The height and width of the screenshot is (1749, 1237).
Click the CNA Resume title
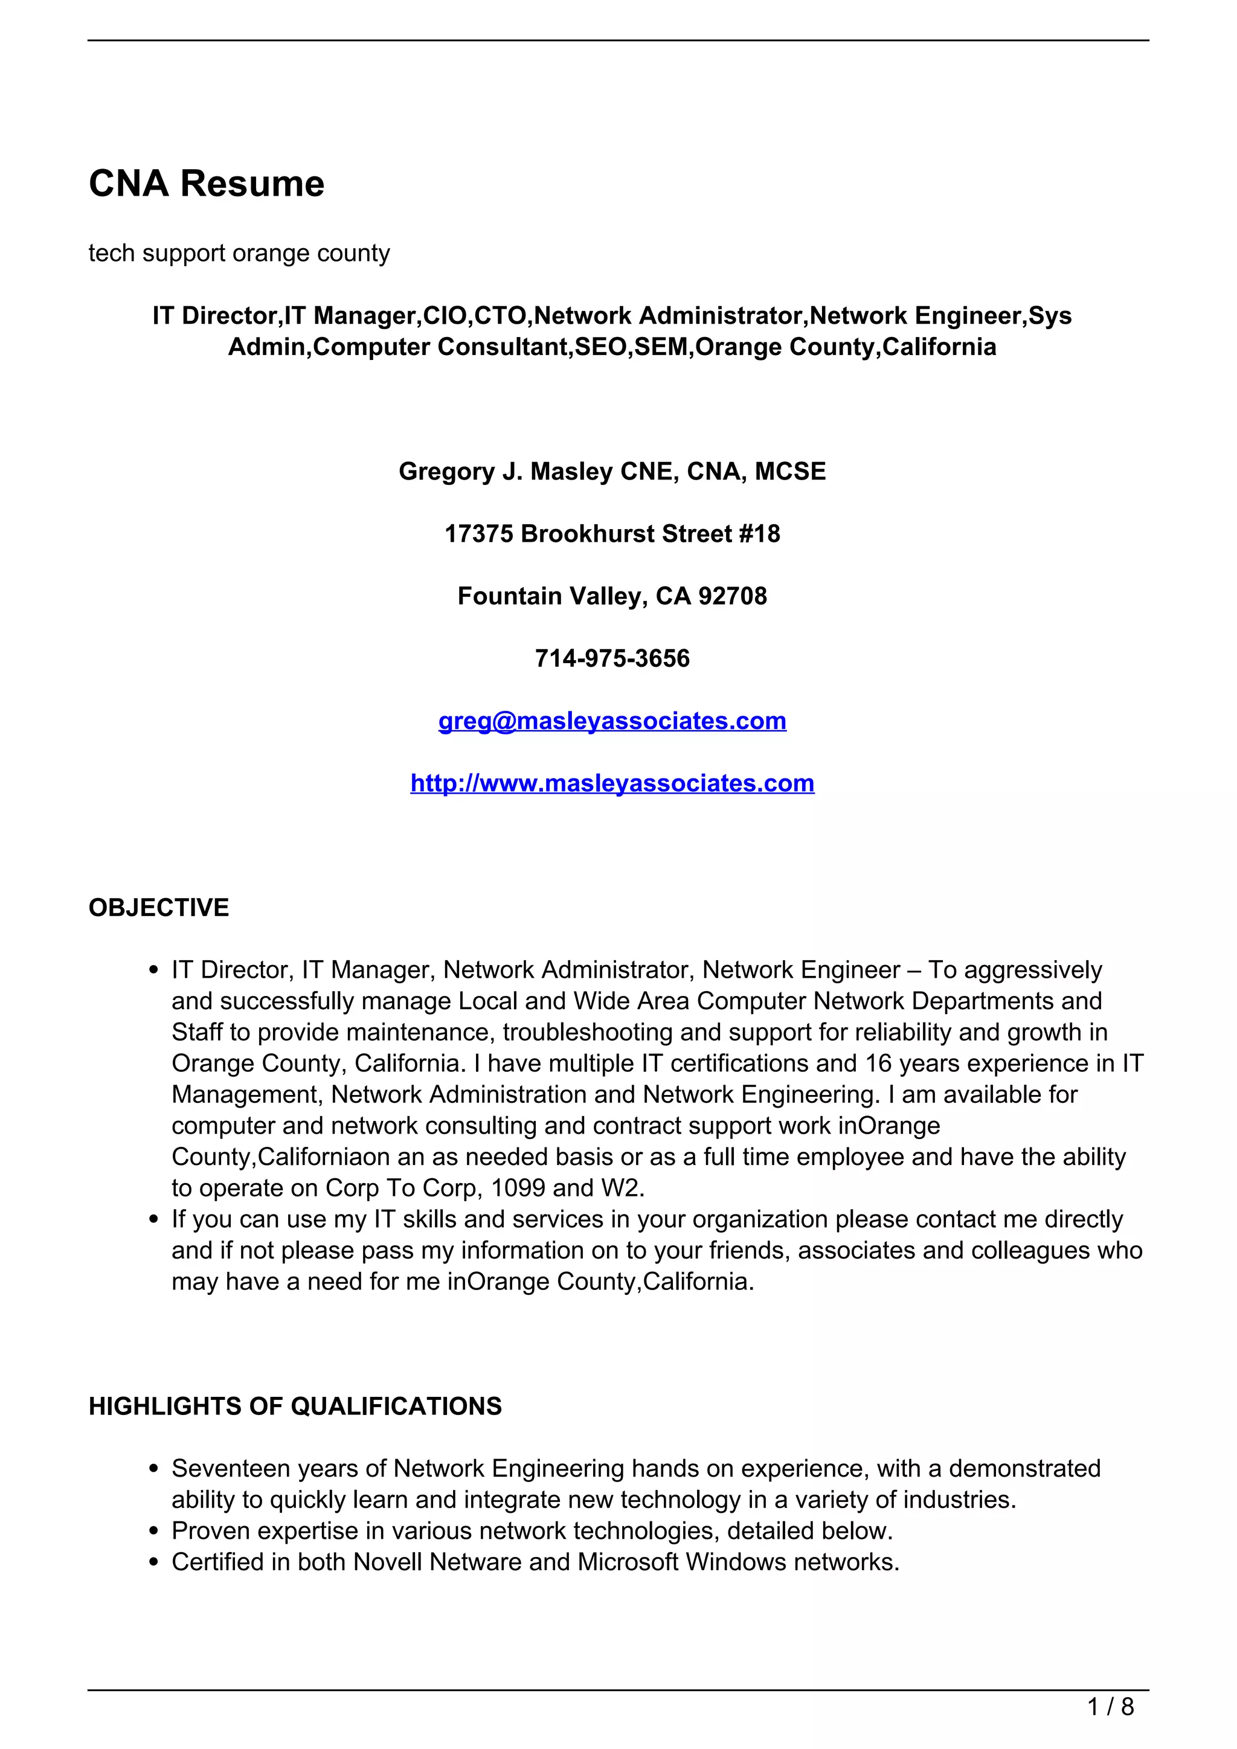click(x=207, y=184)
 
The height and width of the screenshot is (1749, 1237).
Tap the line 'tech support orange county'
click(x=239, y=253)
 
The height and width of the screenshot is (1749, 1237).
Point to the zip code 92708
click(x=732, y=595)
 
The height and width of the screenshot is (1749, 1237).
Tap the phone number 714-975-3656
click(x=612, y=658)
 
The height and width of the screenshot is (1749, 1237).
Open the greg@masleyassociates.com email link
click(x=612, y=720)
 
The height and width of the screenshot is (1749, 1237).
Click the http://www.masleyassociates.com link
click(x=612, y=783)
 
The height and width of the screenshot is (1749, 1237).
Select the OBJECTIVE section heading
click(x=158, y=908)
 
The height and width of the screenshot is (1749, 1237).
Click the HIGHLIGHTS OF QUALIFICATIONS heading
click(x=295, y=1406)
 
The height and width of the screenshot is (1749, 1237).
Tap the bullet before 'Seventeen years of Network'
click(x=155, y=1469)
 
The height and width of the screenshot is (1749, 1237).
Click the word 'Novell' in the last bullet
click(x=388, y=1562)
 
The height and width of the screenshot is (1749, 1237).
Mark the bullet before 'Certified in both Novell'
click(x=155, y=1562)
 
